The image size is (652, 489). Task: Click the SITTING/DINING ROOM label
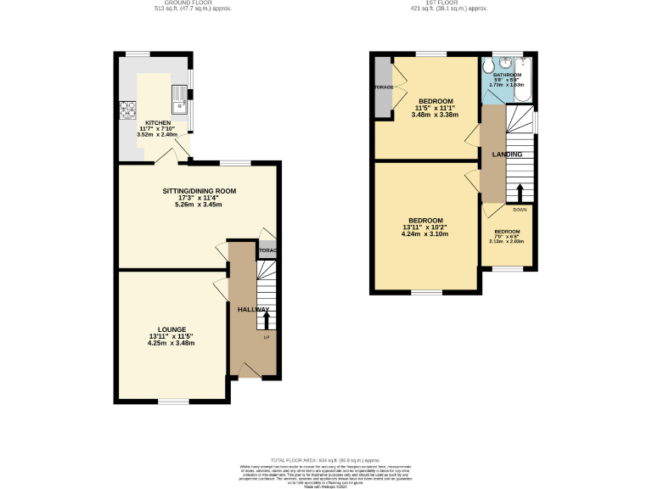click(x=199, y=191)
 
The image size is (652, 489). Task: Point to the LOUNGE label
click(x=171, y=329)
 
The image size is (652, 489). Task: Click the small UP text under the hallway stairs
click(x=266, y=337)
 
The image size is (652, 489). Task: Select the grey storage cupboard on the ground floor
click(x=268, y=250)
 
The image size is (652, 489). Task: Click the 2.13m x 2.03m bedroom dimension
click(x=508, y=241)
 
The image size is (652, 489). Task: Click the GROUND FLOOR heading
click(x=188, y=4)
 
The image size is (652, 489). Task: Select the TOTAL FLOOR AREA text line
click(x=326, y=458)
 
